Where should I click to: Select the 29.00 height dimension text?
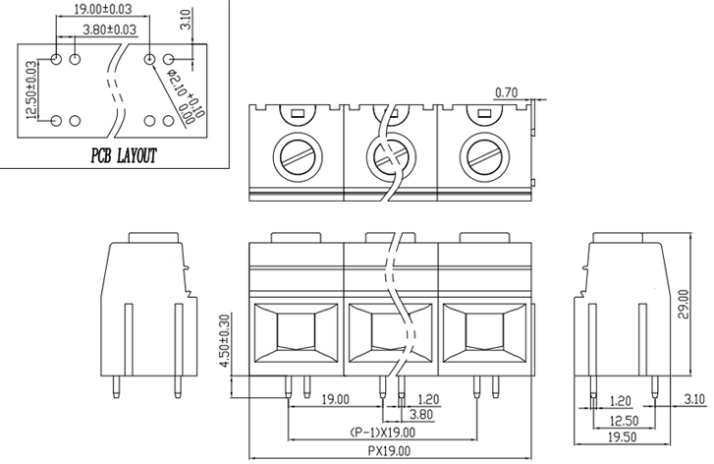pos(684,306)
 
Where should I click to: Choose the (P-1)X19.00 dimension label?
pos(382,433)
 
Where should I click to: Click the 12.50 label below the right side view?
pos(622,419)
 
